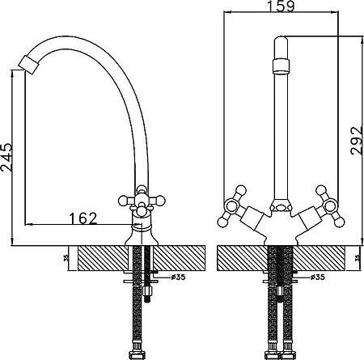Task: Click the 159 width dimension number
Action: point(281,6)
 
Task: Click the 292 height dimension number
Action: point(357,141)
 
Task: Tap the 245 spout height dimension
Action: point(6,158)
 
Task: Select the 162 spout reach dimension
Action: point(83,218)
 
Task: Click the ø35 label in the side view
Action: point(178,277)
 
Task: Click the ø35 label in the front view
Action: point(317,277)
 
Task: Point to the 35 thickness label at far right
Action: point(358,258)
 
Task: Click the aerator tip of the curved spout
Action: point(29,65)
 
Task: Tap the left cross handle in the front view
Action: point(232,206)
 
